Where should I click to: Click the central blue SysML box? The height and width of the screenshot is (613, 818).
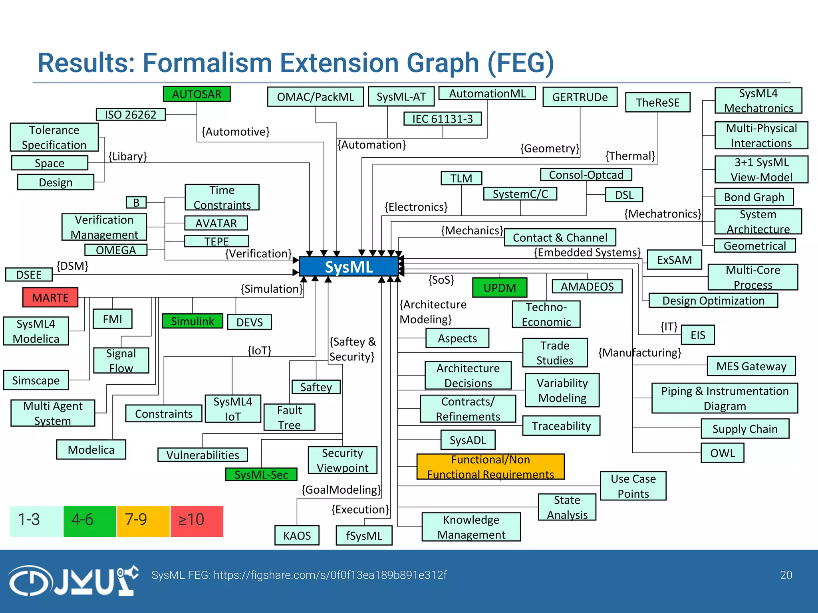349,267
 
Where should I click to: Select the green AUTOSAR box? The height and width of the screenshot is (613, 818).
197,94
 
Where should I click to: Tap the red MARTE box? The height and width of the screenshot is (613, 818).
50,298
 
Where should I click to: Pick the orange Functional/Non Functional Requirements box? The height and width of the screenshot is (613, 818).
490,467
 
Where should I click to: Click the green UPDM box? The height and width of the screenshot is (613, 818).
499,288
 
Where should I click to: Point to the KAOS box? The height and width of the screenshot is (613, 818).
297,536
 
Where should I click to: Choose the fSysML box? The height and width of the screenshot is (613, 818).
364,536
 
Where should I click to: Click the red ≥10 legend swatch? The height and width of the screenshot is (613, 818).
197,521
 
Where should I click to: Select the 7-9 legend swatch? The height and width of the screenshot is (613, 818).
143,521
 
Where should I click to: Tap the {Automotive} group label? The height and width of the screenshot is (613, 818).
236,132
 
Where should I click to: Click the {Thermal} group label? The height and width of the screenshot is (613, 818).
630,156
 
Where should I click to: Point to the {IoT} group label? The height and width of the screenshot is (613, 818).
260,350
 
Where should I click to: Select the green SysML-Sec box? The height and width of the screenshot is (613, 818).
261,475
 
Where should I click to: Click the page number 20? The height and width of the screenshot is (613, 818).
786,575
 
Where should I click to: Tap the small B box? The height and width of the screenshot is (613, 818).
136,203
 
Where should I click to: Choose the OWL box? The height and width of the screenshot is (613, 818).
722,453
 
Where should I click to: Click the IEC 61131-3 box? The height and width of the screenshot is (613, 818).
442,119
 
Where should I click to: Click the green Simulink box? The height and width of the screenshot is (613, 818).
193,321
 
